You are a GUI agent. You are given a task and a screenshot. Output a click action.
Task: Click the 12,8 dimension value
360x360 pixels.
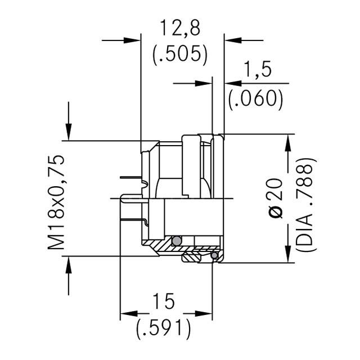pyautogui.click(x=180, y=28)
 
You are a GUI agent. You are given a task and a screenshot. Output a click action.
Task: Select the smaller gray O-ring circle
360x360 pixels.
pyautogui.click(x=214, y=256)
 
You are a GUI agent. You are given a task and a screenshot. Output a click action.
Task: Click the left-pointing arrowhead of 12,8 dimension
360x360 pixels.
pyautogui.click(x=232, y=40)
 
